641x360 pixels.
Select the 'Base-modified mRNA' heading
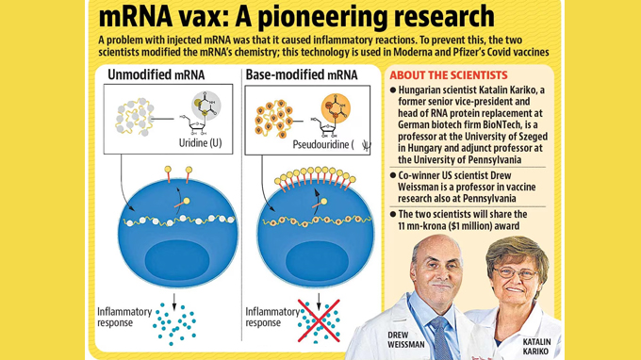click(x=301, y=74)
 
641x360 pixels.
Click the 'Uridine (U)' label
click(x=200, y=143)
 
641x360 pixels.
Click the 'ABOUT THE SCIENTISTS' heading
click(x=448, y=75)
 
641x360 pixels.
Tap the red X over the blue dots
click(x=319, y=321)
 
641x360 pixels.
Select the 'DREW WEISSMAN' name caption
click(x=406, y=339)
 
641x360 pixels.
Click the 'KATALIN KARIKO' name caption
click(x=536, y=346)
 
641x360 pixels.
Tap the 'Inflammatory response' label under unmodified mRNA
click(x=124, y=317)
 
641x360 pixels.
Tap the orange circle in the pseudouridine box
click(x=336, y=106)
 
